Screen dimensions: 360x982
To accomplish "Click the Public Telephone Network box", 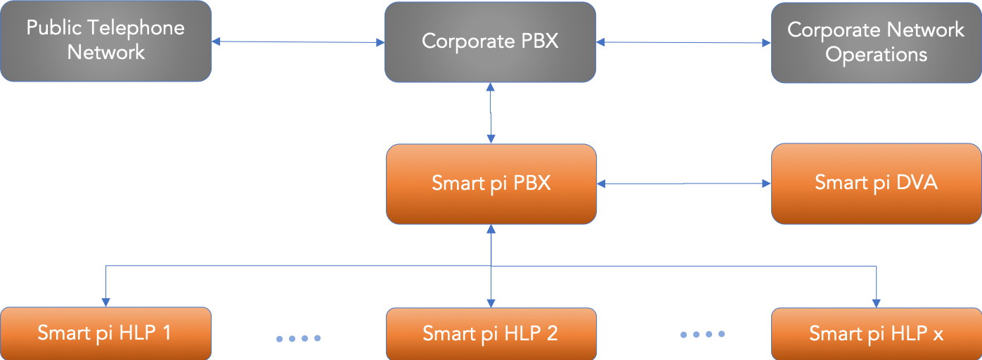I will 105,41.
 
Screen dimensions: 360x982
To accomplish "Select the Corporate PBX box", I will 490,41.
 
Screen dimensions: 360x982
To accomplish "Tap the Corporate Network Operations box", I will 876,41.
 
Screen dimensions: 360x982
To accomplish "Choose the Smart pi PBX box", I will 491,184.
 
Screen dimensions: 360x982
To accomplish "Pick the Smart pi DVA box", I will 876,183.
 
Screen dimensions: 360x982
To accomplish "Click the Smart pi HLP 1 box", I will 105,333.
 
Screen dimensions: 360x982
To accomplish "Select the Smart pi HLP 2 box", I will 491,333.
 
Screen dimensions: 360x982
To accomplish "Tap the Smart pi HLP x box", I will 876,333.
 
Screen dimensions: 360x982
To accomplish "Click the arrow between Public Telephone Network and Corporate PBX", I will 298,42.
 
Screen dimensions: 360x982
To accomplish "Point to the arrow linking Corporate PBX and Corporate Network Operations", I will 683,42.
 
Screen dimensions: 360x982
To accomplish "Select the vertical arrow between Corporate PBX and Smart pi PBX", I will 491,113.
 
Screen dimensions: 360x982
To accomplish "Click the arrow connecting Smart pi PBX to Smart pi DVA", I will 683,184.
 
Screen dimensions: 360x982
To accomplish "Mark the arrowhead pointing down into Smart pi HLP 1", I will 105,302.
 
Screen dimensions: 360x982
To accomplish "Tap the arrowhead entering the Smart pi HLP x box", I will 876,302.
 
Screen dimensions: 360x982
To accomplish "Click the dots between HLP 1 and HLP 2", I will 298,338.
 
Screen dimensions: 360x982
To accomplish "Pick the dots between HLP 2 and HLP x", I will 702,335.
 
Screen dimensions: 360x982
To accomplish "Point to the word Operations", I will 876,55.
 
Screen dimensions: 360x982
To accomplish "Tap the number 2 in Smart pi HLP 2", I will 551,333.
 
